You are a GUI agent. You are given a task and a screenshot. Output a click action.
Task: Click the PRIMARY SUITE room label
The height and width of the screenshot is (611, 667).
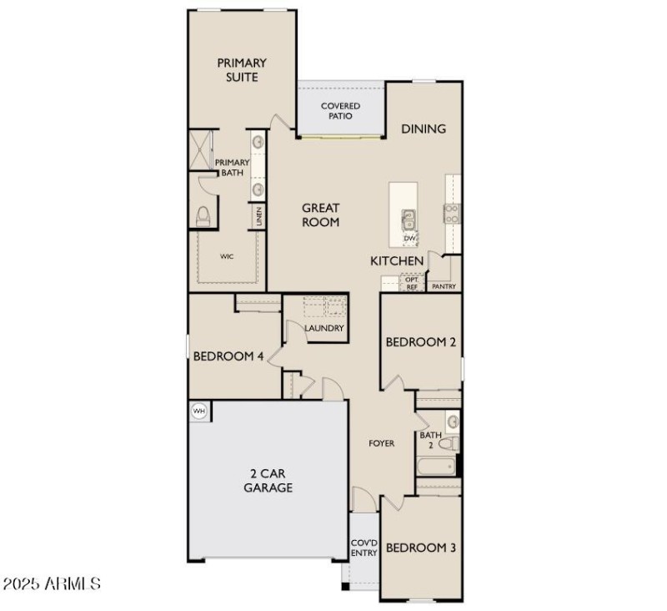coord(242,70)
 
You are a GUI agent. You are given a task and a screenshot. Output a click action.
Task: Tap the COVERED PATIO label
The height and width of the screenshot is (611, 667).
coord(340,111)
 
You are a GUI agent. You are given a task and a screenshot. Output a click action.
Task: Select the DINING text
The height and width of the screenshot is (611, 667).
coord(424,129)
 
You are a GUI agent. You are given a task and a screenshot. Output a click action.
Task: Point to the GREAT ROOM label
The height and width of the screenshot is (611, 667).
coord(320,215)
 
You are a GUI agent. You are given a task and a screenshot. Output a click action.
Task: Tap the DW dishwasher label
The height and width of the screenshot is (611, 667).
coord(409,239)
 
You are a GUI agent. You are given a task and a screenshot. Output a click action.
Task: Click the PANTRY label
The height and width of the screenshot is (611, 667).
coord(444,286)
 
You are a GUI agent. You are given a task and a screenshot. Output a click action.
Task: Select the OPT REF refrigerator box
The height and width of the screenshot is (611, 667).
coord(411,284)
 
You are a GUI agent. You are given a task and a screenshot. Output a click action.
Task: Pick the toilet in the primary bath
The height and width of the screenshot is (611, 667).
coord(202,217)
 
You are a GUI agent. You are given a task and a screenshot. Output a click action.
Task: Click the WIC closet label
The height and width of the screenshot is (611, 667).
coord(227,256)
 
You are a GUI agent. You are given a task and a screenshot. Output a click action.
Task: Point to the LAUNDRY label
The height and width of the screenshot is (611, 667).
coord(323,328)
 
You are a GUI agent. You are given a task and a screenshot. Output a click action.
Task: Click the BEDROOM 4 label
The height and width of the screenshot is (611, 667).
coord(228,356)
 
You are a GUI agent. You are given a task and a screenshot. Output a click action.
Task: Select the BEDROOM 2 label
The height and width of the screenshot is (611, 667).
coord(420,342)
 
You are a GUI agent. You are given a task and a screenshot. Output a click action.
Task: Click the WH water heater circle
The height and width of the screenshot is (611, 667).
coord(199,410)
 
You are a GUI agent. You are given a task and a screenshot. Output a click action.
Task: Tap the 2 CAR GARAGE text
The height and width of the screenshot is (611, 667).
coord(268,480)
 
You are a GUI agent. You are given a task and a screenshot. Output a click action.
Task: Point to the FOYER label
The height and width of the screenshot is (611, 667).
coord(382,443)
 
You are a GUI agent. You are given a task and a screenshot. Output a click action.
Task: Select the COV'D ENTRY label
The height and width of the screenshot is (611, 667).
coord(364,547)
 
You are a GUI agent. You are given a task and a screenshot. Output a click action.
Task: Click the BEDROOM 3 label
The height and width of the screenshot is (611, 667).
coord(420,548)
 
